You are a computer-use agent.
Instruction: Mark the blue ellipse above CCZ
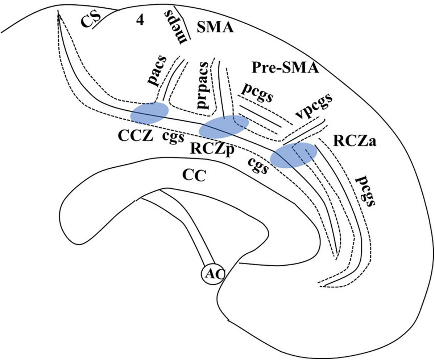[149, 113]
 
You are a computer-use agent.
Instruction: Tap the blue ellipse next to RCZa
[294, 155]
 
